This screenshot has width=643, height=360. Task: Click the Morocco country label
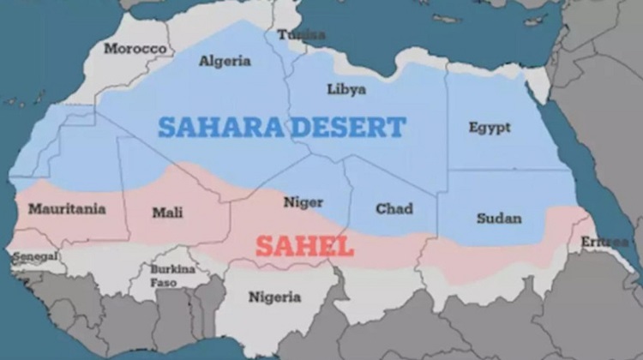(135, 49)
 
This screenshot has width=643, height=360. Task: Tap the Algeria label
(225, 61)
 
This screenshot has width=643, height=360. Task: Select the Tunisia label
(301, 35)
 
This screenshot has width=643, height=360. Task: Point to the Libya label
(346, 89)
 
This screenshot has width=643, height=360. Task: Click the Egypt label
(490, 128)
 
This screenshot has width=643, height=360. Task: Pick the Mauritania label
(67, 208)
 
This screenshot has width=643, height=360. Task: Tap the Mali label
(167, 213)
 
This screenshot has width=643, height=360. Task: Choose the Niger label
(303, 202)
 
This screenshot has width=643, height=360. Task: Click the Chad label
(394, 208)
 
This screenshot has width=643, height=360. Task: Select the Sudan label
(499, 218)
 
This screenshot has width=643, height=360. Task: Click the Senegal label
(34, 256)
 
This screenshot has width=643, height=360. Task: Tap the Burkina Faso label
(171, 274)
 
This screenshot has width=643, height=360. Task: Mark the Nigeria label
(274, 297)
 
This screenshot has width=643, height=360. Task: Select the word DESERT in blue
(348, 128)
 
